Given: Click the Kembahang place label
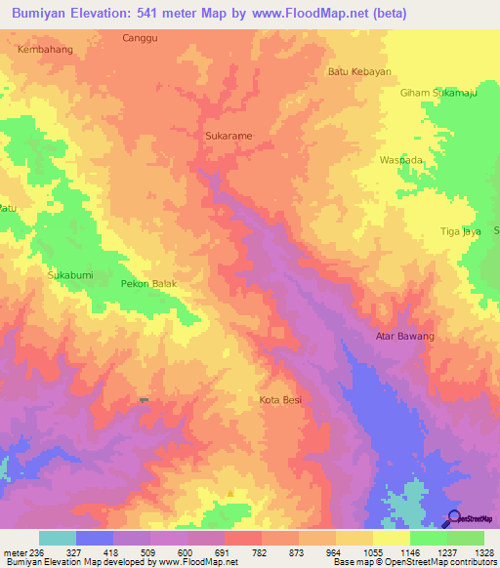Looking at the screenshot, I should [x=45, y=48].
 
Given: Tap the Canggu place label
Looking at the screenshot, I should [x=140, y=38].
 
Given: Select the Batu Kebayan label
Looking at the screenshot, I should [x=358, y=71].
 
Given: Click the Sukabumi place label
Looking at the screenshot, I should [x=70, y=276].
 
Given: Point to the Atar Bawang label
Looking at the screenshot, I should [x=405, y=337].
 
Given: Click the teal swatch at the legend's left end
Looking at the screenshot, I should [x=57, y=538].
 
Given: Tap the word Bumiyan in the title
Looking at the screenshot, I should [x=38, y=14].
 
